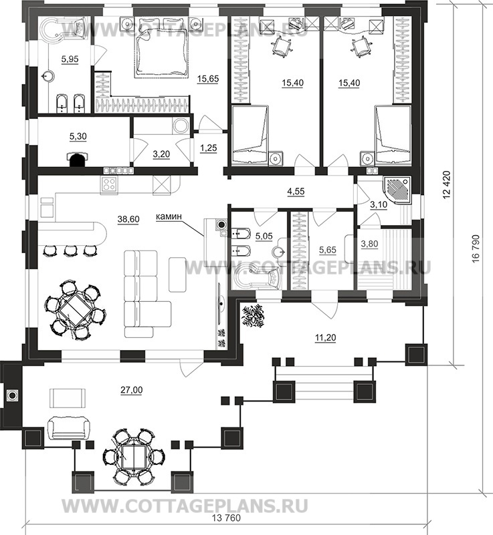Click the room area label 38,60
point(128,219)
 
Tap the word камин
point(168,216)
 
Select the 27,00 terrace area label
point(132,390)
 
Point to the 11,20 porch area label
point(325,338)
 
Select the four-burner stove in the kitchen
point(109,185)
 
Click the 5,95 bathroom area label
point(70,59)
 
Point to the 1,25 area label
point(209,148)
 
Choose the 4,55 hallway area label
point(296,192)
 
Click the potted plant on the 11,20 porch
point(253,317)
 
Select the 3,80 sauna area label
point(370,244)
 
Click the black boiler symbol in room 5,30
point(78,159)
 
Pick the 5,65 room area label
point(327,250)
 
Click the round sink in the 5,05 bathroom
point(279,252)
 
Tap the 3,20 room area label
point(161,154)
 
